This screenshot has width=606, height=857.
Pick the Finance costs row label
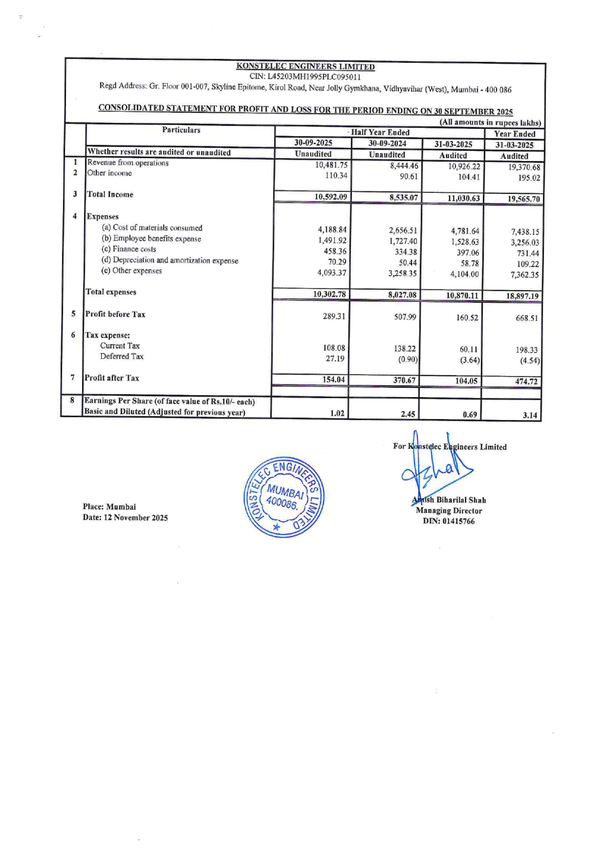coord(129,249)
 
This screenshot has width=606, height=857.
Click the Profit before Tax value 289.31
coord(334,317)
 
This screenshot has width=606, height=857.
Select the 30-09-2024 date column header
coord(387,143)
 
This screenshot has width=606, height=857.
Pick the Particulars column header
coord(181,130)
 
